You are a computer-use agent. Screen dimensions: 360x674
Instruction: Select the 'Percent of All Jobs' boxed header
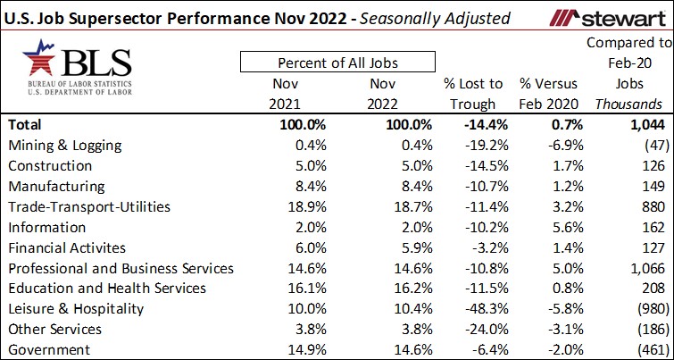(337, 63)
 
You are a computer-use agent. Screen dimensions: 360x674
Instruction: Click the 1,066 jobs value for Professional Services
(643, 268)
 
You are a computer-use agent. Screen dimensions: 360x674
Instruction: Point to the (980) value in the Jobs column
(646, 309)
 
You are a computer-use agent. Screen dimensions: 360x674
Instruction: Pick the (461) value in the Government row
(646, 349)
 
